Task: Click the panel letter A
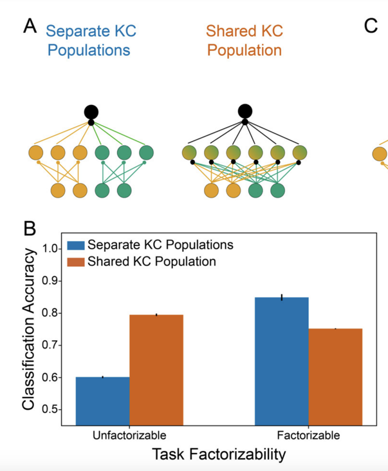[x=30, y=26]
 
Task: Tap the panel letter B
[x=30, y=228]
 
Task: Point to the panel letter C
[x=370, y=26]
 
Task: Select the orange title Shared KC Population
[x=244, y=41]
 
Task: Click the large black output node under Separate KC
[x=91, y=111]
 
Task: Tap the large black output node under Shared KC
[x=245, y=111]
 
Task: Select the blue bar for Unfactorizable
[x=103, y=400]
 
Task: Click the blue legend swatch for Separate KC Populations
[x=76, y=245]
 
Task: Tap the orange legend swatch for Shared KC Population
[x=76, y=261]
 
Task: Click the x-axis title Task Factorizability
[x=219, y=455]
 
